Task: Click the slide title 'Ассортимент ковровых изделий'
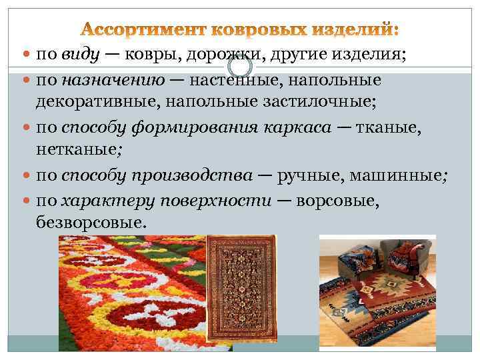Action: (241, 30)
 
